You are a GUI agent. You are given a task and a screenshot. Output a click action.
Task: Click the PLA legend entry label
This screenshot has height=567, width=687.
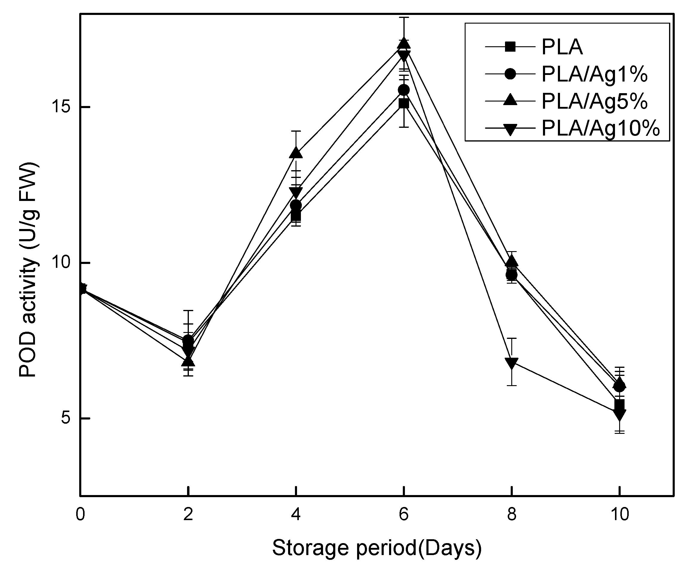click(562, 47)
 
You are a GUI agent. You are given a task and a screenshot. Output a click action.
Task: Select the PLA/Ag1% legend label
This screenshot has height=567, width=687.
click(594, 74)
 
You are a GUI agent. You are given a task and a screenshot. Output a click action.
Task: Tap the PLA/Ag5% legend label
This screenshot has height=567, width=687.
click(594, 101)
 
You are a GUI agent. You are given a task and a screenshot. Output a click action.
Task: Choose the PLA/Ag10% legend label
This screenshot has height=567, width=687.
click(600, 128)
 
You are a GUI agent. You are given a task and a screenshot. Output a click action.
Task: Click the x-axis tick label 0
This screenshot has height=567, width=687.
click(80, 515)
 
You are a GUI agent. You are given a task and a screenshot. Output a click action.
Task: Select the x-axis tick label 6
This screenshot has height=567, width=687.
click(404, 515)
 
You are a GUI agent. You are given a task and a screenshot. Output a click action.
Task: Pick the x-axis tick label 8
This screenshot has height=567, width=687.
click(512, 515)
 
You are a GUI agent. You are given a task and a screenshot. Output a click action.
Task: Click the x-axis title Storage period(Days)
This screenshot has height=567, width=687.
click(377, 547)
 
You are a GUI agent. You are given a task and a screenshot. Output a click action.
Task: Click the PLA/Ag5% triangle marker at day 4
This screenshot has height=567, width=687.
click(296, 153)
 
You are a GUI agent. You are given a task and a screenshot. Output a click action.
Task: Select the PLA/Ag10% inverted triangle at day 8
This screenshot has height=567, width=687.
click(512, 363)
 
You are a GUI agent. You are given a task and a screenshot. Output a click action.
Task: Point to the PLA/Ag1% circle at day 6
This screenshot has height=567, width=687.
click(404, 90)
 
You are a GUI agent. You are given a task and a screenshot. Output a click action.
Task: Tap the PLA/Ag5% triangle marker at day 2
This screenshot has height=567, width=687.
click(188, 361)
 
